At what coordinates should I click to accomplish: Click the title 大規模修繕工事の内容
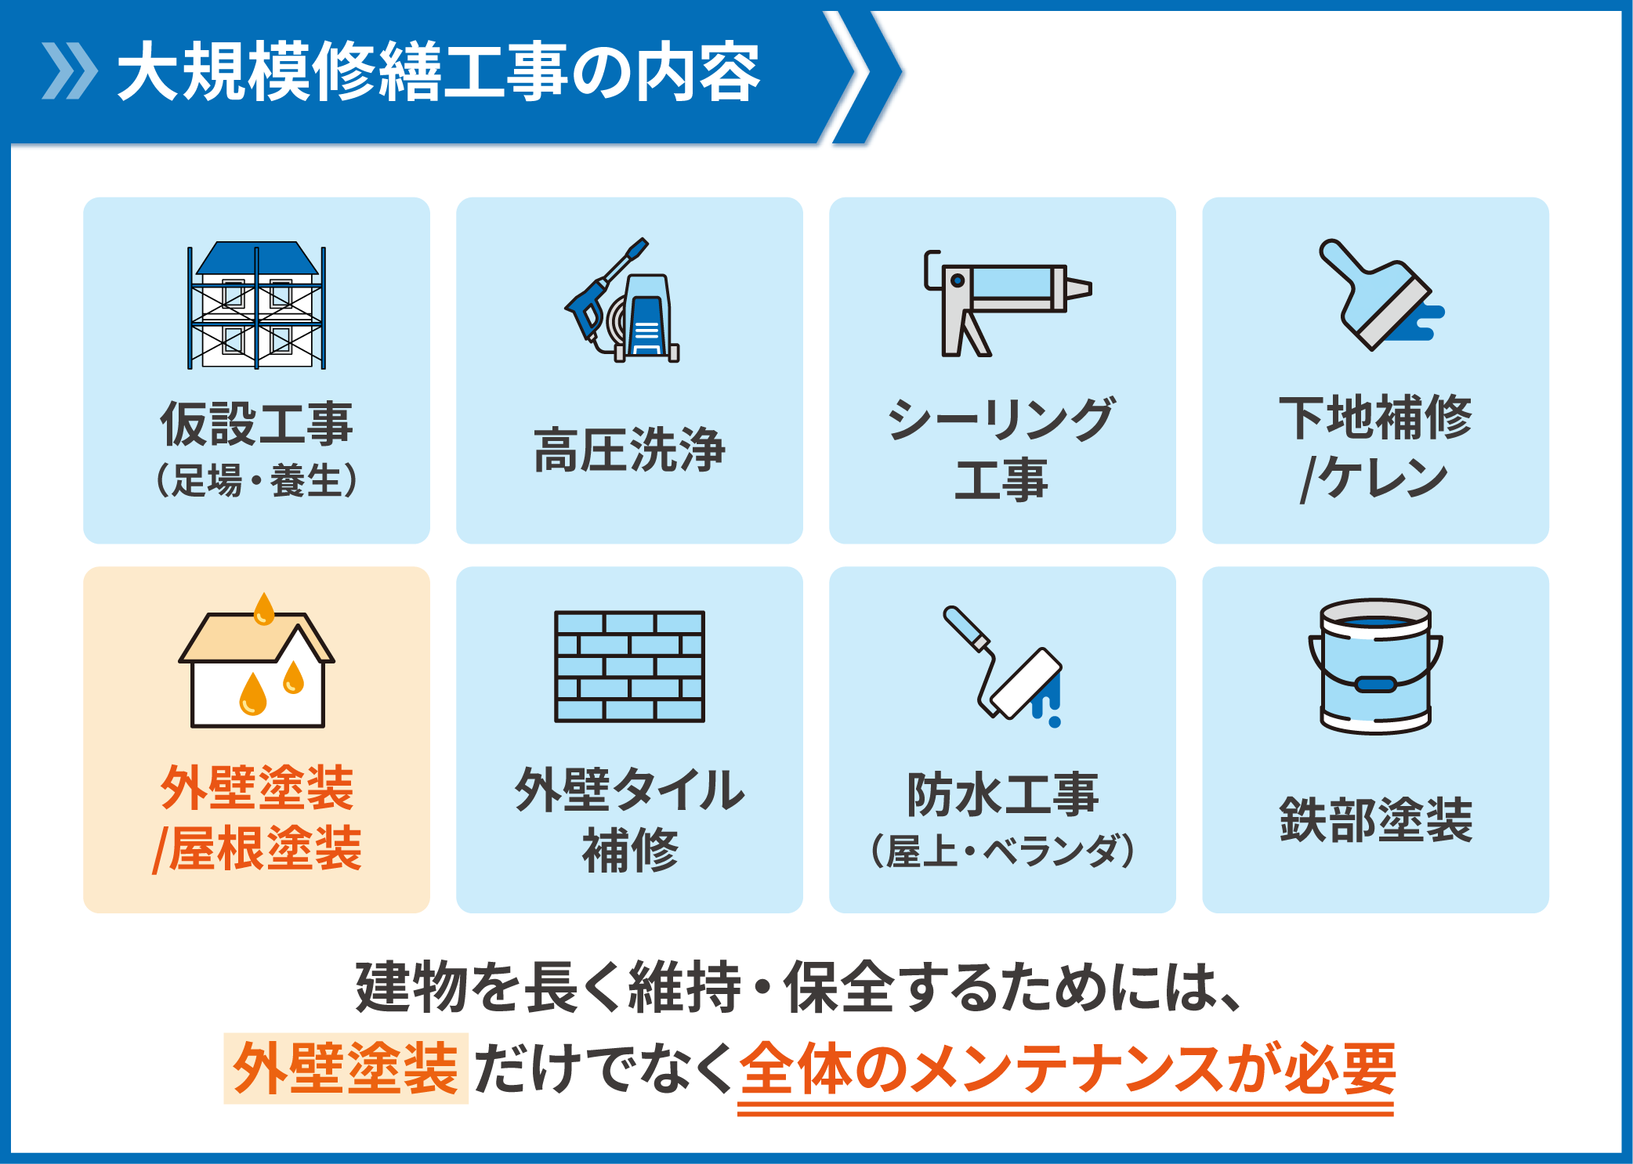pyautogui.click(x=439, y=72)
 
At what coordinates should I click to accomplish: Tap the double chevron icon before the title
pyautogui.click(x=70, y=71)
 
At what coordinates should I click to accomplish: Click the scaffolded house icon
pyautogui.click(x=256, y=305)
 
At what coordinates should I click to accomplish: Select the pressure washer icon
pyautogui.click(x=623, y=300)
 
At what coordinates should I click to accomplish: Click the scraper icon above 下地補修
pyautogui.click(x=1381, y=295)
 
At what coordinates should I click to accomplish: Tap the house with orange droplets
pyautogui.click(x=256, y=660)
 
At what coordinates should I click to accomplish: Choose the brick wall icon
pyautogui.click(x=629, y=666)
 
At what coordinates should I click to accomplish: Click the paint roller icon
pyautogui.click(x=1003, y=666)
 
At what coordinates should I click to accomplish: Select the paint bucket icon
pyautogui.click(x=1375, y=666)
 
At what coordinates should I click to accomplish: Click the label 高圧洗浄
pyautogui.click(x=629, y=450)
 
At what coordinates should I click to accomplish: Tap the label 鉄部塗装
pyautogui.click(x=1376, y=820)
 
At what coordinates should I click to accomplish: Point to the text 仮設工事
pyautogui.click(x=256, y=424)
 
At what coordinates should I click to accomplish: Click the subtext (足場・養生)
pyautogui.click(x=256, y=480)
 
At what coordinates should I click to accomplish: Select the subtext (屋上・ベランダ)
pyautogui.click(x=1003, y=851)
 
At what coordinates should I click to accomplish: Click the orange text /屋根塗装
pyautogui.click(x=256, y=849)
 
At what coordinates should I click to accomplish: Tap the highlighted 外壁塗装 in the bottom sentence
pyautogui.click(x=346, y=1068)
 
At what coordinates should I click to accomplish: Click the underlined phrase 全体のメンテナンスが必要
pyautogui.click(x=1066, y=1068)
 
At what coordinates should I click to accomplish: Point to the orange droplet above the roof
pyautogui.click(x=264, y=609)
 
